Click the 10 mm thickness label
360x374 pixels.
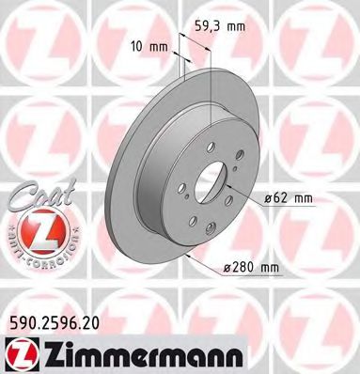[x=150, y=45]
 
